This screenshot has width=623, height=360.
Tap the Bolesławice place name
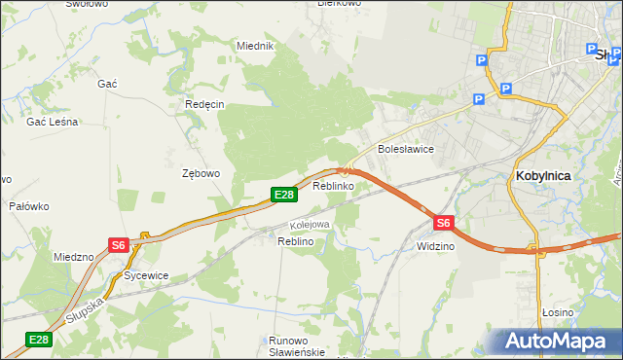405,150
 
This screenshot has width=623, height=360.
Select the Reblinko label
333,185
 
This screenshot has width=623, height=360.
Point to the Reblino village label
295,240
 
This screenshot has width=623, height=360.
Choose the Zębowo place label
202,173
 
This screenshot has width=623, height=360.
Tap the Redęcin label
204,104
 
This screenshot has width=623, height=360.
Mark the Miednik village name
256,46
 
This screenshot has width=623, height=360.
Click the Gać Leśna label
53,123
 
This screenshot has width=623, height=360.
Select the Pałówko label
29,206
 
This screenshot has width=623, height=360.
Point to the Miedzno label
74,258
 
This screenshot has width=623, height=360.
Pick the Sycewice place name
146,275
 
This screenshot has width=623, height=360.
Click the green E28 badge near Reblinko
283,196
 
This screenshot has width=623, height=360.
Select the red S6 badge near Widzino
443,223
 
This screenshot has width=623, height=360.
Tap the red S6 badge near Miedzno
119,246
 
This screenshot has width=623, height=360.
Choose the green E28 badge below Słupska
38,340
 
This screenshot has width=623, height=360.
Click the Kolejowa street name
311,225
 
